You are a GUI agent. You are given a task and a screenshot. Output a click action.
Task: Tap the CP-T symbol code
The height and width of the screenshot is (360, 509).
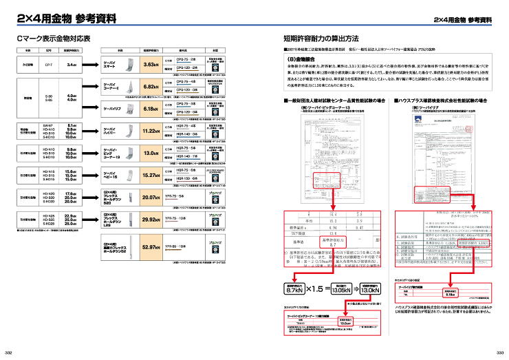point(49,64)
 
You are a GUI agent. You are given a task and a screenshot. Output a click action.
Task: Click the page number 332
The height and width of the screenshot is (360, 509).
point(9,352)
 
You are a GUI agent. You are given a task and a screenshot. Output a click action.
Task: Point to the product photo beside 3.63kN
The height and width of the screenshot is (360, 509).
point(125,65)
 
